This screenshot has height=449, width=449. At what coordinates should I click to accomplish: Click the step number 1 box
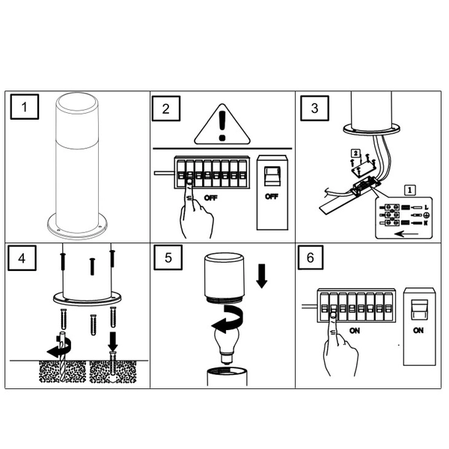click(x=25, y=107)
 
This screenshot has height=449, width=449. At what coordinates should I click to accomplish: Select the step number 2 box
click(x=166, y=109)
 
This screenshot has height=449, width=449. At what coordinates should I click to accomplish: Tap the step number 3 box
click(x=314, y=108)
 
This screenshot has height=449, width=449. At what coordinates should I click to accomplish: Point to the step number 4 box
click(x=22, y=258)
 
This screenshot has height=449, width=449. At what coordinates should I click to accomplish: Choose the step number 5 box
click(x=168, y=257)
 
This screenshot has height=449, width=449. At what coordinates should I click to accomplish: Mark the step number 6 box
click(x=311, y=257)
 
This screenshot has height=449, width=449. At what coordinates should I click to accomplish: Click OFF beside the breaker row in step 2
click(x=211, y=198)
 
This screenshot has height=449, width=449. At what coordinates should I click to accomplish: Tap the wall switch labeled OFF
click(x=272, y=192)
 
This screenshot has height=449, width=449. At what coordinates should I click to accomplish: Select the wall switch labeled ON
click(x=419, y=326)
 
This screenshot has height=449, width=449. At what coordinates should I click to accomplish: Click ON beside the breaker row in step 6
click(x=355, y=331)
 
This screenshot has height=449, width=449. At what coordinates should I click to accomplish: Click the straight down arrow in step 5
click(x=262, y=275)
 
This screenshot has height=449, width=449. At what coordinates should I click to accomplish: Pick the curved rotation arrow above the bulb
click(x=229, y=319)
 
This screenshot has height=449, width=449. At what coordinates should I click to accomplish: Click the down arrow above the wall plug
click(x=114, y=341)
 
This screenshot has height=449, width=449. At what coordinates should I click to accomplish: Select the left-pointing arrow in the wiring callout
click(x=406, y=234)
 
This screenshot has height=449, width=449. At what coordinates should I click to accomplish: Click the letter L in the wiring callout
click(x=427, y=207)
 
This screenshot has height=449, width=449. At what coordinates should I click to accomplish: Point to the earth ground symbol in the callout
click(x=426, y=215)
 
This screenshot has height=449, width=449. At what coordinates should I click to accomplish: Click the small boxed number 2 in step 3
click(x=355, y=153)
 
